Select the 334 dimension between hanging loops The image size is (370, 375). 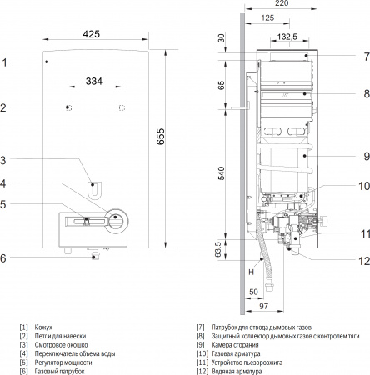pos(95,82)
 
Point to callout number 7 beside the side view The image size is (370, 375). pos(365,56)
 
